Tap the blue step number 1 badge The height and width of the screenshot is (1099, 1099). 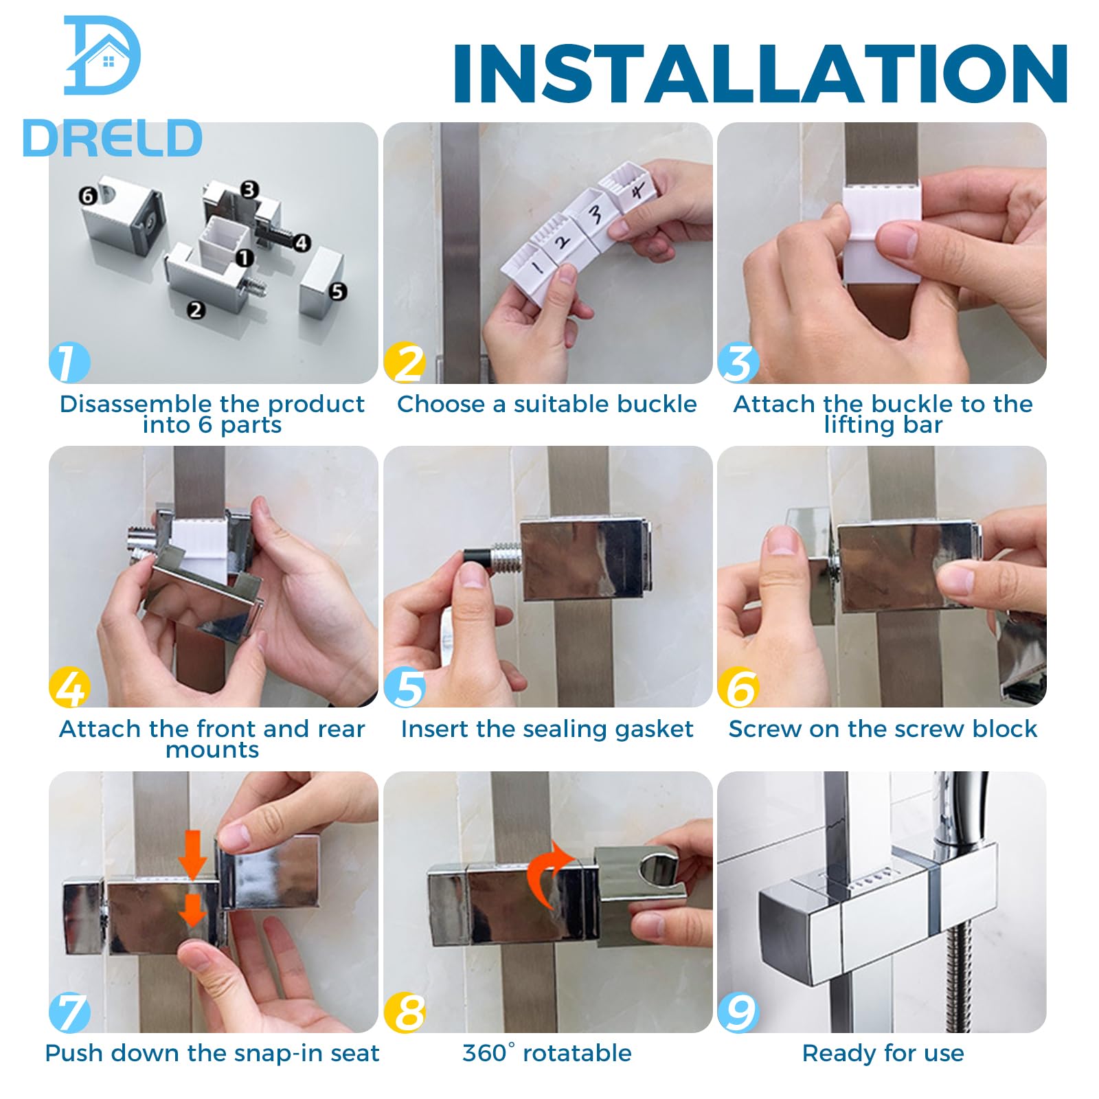point(69,362)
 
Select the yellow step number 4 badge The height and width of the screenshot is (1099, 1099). point(69,687)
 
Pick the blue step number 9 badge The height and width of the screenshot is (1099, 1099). point(738,1012)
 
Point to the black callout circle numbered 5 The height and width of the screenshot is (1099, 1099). point(337,291)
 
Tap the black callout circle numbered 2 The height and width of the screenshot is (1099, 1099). point(196,310)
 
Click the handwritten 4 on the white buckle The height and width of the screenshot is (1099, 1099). point(637,190)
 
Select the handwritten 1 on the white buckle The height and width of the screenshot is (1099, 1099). point(539,264)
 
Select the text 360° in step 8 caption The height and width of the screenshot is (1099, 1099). point(488,1053)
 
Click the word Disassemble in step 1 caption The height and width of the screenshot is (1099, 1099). point(136,404)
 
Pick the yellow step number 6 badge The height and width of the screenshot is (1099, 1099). point(738,687)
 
